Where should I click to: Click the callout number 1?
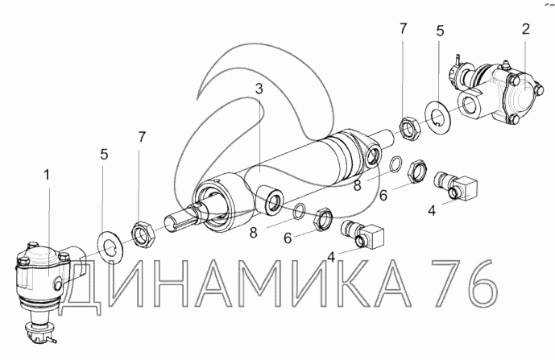pos(47,175)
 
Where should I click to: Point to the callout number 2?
pos(526,29)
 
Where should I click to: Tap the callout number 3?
pos(259,89)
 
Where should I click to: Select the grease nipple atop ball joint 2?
pos(503,65)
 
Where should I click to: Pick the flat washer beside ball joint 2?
pos(438,114)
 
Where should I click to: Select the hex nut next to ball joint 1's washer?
pos(143,234)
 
